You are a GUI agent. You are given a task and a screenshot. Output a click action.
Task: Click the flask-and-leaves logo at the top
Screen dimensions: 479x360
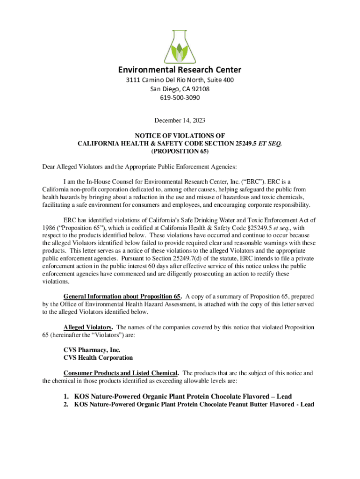[x=180, y=44]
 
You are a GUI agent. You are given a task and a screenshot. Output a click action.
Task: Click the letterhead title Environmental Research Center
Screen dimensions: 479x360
[x=180, y=70]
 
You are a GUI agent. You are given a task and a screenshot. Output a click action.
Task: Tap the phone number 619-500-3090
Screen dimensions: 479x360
[x=180, y=98]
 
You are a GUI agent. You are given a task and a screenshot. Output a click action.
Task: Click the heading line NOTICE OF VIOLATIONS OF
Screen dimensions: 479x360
[x=180, y=136]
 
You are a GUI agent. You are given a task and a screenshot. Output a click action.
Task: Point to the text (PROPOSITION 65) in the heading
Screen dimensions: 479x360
[x=180, y=152]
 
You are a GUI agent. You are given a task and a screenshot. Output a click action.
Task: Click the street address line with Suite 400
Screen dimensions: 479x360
[x=180, y=80]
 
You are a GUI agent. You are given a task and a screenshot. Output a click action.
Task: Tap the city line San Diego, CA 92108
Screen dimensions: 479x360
[x=180, y=89]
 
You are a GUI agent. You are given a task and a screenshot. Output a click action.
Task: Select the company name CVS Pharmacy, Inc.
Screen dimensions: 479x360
[x=92, y=350]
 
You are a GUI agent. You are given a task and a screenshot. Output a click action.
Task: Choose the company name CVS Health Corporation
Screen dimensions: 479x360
[x=98, y=358]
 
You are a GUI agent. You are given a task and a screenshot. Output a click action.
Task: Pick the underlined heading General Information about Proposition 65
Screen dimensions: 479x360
[x=122, y=297]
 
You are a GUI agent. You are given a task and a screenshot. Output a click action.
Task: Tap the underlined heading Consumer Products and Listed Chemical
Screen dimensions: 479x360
[x=121, y=373]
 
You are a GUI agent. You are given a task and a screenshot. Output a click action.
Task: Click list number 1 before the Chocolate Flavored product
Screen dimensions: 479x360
[x=66, y=396]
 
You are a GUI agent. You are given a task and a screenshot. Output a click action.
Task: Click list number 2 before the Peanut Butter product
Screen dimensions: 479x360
[x=66, y=404]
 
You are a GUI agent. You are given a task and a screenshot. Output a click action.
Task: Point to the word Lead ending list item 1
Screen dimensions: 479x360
[x=282, y=396]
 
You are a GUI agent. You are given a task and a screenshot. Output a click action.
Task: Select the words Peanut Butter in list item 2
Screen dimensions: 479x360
[x=245, y=404]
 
